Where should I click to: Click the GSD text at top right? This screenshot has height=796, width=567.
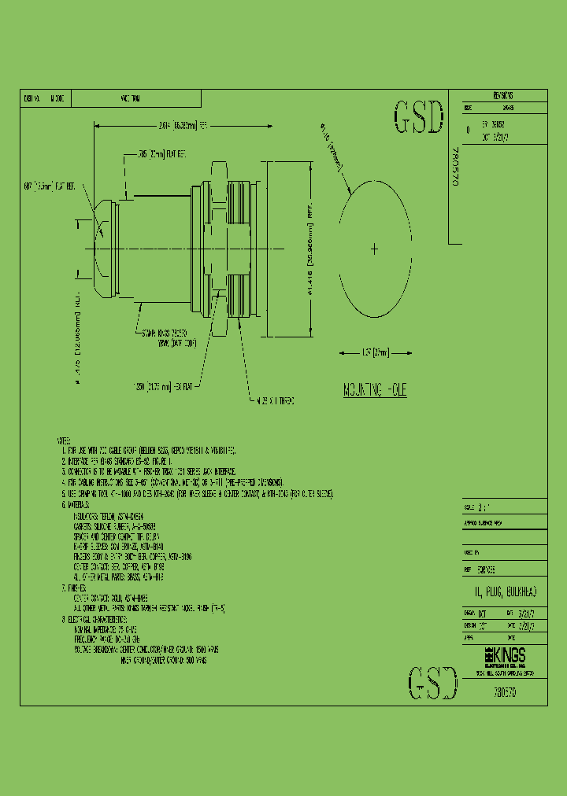[417, 119]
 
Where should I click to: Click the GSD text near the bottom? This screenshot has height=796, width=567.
[432, 682]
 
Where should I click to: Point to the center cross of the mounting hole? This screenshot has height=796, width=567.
[374, 249]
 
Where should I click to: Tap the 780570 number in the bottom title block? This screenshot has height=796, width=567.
[504, 695]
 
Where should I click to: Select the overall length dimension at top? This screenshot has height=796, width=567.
[182, 124]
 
